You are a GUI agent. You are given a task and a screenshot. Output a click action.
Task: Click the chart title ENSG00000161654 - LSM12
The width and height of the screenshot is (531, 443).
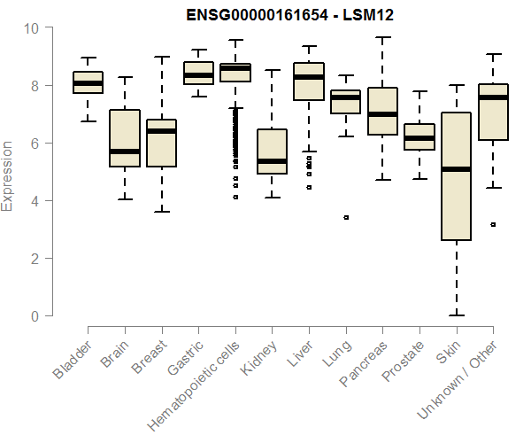click(x=290, y=15)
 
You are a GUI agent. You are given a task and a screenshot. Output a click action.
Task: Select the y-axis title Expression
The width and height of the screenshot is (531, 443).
click(x=9, y=175)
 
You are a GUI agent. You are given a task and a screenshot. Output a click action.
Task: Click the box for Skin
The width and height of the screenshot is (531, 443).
click(x=456, y=176)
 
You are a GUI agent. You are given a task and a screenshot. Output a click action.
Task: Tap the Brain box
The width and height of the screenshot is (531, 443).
click(x=125, y=138)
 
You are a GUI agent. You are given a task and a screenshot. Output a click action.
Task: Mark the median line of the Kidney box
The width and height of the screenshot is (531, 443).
click(x=272, y=161)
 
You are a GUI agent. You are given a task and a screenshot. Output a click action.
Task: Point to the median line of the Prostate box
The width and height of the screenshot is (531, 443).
click(x=419, y=138)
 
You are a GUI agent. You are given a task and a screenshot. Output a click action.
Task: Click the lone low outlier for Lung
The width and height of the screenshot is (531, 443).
click(x=346, y=217)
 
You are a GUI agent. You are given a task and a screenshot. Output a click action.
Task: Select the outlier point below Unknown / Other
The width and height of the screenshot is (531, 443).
click(x=493, y=225)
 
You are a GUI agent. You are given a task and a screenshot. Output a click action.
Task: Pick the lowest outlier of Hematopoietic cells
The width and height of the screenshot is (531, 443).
click(x=235, y=197)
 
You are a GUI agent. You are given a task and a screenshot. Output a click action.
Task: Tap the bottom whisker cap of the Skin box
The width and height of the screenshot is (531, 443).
click(x=456, y=315)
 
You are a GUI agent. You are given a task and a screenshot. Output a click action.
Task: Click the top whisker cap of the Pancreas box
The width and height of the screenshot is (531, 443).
click(x=382, y=38)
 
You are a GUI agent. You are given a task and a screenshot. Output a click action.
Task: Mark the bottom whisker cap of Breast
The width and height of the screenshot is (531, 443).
click(x=161, y=212)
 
